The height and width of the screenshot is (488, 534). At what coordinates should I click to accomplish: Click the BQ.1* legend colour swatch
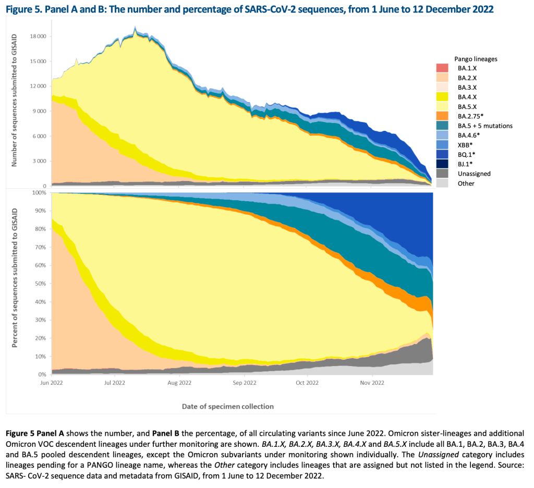coord(442,154)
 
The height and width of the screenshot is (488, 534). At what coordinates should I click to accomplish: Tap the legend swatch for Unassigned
coord(442,174)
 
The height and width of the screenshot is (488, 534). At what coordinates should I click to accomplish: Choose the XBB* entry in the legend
coord(465,145)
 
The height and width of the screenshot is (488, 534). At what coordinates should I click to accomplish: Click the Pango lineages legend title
coord(475,59)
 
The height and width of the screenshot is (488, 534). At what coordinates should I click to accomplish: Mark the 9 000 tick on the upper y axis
coord(40,111)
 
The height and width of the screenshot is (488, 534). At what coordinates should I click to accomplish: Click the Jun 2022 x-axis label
coord(52,383)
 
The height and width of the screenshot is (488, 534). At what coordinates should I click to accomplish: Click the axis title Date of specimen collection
coord(228,406)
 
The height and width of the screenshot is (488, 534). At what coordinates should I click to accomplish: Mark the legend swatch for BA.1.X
coord(442,68)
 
